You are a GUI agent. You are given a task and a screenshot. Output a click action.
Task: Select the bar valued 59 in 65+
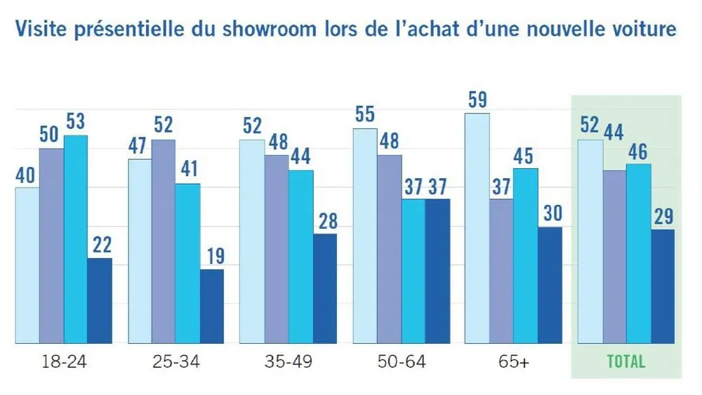pyautogui.click(x=477, y=228)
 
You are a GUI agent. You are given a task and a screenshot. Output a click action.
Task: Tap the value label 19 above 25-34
pyautogui.click(x=212, y=256)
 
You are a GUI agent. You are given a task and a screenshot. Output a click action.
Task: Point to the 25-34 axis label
pyautogui.click(x=175, y=362)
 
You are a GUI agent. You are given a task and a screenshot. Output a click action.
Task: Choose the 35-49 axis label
pyautogui.click(x=289, y=362)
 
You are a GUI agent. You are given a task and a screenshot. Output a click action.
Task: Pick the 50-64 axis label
pyautogui.click(x=401, y=362)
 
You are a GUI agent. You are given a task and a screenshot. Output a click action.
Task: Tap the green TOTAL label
pyautogui.click(x=625, y=362)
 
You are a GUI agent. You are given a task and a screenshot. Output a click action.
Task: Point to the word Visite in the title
pyautogui.click(x=40, y=30)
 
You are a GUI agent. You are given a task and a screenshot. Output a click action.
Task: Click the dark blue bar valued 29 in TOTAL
pyautogui.click(x=662, y=286)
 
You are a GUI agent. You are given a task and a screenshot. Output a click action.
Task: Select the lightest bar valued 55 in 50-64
pyautogui.click(x=364, y=236)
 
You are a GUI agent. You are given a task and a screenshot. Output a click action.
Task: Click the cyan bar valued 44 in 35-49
pyautogui.click(x=300, y=257)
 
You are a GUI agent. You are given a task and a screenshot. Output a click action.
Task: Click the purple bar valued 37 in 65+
pyautogui.click(x=501, y=272)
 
